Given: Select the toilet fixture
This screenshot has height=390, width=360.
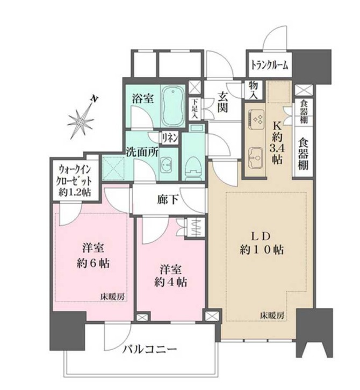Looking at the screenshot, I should tap(192, 163).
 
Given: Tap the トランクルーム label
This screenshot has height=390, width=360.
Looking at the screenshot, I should tap(269, 66).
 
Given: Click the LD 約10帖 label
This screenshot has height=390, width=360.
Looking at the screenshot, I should tap(262, 243).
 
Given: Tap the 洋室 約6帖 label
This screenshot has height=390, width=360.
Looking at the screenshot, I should tap(92, 256).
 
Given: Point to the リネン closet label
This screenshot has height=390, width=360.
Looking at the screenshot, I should tap(170, 138).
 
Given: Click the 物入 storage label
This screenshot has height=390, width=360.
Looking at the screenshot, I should tap(253, 89).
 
